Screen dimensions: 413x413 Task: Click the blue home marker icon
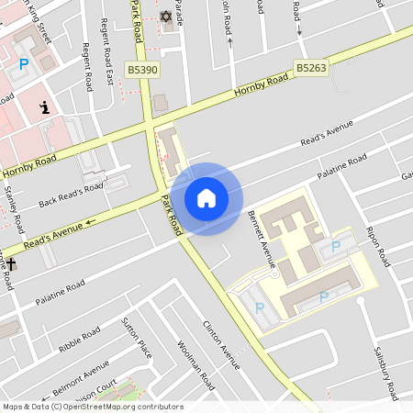[206, 198]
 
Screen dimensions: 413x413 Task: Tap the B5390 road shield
[143, 69]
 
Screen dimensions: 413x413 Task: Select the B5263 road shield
[311, 67]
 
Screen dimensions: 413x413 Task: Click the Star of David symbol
[166, 17]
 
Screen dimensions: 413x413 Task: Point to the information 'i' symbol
[44, 108]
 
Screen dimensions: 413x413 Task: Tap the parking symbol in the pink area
[24, 63]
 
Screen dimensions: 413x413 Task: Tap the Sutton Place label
[137, 337]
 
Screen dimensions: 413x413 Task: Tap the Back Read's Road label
[71, 195]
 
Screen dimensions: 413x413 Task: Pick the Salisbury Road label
[385, 373]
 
